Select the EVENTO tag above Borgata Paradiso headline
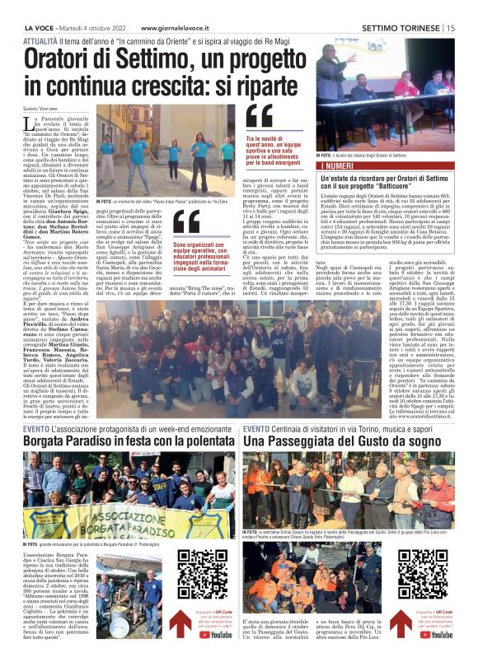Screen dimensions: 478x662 [x=35, y=429]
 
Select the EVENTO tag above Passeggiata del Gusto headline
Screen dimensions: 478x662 [x=255, y=429]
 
